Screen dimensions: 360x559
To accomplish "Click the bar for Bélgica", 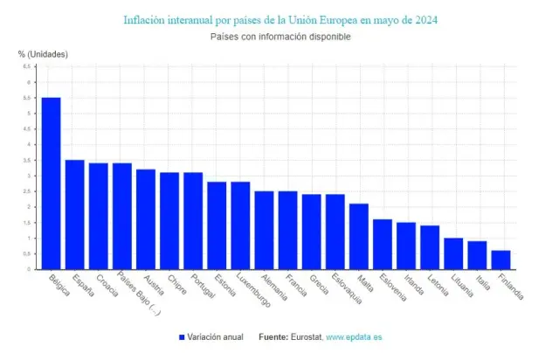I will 52,183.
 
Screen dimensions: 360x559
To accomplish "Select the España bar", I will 75,214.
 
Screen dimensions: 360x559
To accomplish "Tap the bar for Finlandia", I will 500,260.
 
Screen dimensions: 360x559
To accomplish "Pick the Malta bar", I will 359,236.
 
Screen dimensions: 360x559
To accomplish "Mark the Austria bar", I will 146,219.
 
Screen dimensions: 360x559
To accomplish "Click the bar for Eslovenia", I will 383,244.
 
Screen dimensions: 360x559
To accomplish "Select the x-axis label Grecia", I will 318,286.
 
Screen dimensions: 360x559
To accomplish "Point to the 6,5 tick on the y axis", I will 27,66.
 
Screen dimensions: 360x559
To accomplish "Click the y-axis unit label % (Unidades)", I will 43,54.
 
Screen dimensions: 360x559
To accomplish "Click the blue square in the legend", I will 183,336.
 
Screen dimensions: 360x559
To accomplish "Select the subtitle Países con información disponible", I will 279,37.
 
